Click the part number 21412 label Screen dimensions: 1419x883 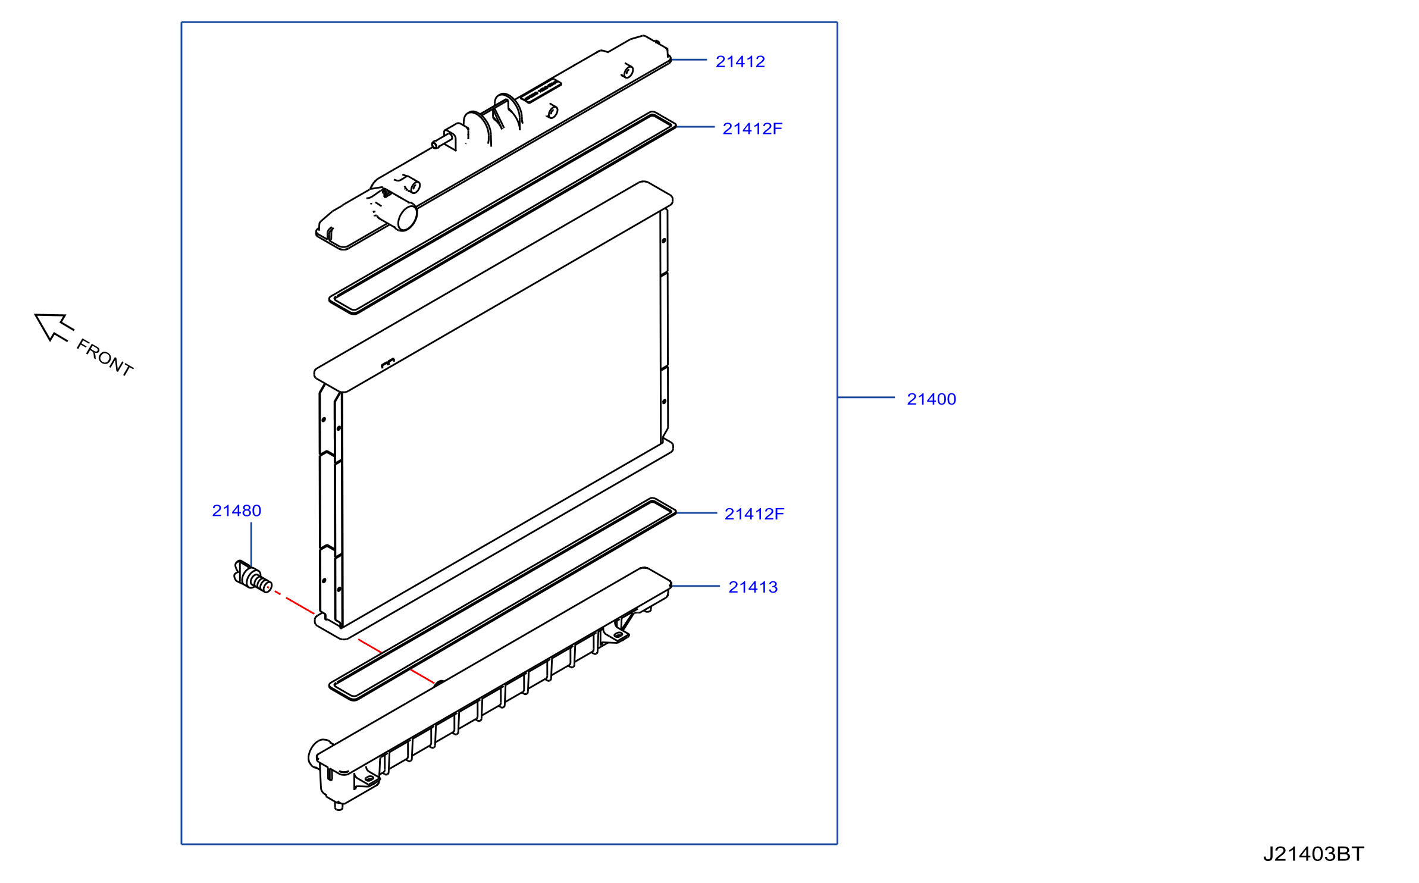point(740,61)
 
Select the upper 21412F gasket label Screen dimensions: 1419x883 point(752,129)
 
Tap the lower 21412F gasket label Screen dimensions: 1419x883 point(754,513)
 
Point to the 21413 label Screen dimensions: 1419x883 point(753,587)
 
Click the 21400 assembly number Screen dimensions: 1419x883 point(931,399)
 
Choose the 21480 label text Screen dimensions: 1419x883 point(236,511)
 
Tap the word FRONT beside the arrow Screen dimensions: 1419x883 point(105,357)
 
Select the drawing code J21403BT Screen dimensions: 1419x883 point(1313,854)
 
